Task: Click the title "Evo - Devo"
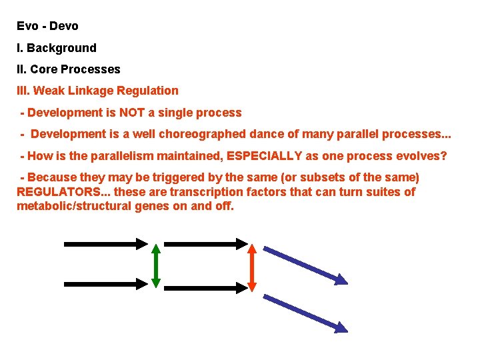pos(47,27)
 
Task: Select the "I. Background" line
pos(57,48)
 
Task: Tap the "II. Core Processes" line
pos(69,69)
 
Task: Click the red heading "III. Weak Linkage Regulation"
pos(97,91)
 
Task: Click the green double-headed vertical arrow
pos(155,265)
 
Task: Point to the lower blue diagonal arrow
pos(305,313)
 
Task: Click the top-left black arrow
pos(105,244)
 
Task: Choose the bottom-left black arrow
pos(105,283)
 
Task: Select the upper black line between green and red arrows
pos(203,245)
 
